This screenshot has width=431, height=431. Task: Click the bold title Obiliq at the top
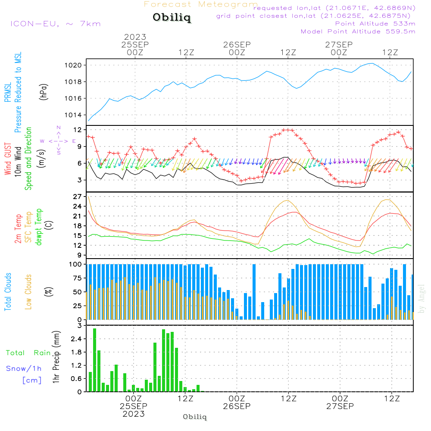[x=171, y=18]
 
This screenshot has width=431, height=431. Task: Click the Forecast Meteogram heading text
[x=201, y=5]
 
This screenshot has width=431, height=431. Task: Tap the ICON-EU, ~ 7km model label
[x=55, y=24]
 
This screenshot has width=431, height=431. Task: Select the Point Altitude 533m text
[x=375, y=24]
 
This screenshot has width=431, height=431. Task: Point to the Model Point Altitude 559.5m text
[x=358, y=31]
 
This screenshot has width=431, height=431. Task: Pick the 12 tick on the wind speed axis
[x=78, y=130]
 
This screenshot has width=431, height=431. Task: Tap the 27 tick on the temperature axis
[x=78, y=197]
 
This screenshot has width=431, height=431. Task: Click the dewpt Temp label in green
[x=39, y=227]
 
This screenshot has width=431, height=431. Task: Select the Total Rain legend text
[x=28, y=353]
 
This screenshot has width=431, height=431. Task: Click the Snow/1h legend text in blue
[x=24, y=369]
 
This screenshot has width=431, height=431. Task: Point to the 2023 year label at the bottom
[x=133, y=414]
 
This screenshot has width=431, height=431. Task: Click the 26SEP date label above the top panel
[x=237, y=44]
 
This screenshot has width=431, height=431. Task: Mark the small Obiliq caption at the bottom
[x=195, y=417]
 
